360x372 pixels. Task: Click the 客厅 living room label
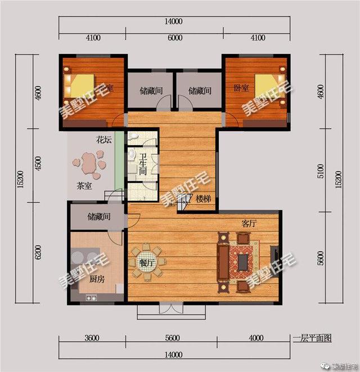click(249, 223)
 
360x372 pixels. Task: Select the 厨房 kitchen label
click(97, 279)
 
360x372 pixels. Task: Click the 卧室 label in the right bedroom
click(241, 88)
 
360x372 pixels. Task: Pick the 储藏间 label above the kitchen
click(98, 216)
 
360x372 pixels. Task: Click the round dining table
click(147, 262)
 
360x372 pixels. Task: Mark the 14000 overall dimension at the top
click(174, 22)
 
